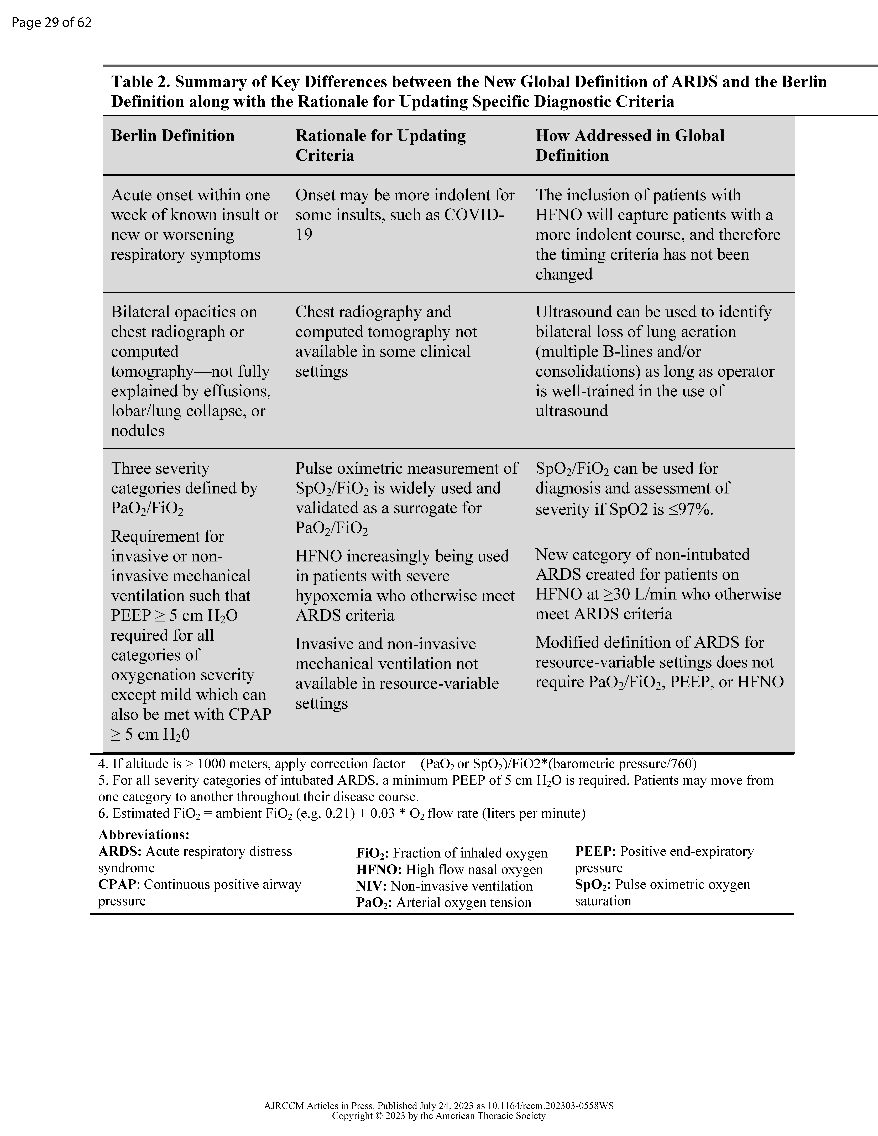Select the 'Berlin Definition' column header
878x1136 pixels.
173,136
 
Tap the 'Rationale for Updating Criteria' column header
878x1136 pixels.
380,145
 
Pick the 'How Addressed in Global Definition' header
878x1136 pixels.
629,145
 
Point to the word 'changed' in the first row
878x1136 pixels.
564,274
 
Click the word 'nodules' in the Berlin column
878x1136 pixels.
137,431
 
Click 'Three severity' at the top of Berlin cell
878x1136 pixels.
160,469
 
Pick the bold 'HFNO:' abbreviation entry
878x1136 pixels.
379,870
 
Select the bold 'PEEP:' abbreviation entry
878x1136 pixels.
595,851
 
